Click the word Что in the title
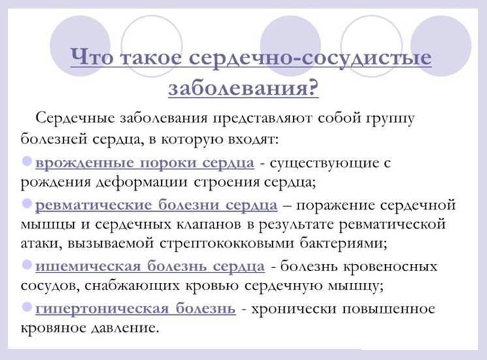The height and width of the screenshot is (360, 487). click(x=91, y=57)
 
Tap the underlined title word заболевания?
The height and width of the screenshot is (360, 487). click(x=243, y=88)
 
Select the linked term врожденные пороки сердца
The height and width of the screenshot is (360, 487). click(x=145, y=163)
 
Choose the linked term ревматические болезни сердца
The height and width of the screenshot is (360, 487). click(x=156, y=205)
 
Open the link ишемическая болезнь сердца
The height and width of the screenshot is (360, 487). click(x=150, y=267)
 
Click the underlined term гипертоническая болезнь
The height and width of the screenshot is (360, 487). click(x=135, y=308)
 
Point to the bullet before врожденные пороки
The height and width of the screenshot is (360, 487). click(x=27, y=161)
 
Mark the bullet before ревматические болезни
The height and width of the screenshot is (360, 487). click(x=27, y=204)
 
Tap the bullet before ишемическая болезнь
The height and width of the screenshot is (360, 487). click(x=27, y=265)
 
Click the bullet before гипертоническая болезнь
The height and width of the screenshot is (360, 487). click(x=27, y=307)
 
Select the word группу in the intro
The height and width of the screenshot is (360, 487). click(x=391, y=120)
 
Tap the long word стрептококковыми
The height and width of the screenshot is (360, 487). click(x=227, y=244)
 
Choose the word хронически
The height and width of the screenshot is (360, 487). click(x=293, y=309)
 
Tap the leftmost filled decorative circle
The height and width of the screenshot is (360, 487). click(x=80, y=45)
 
